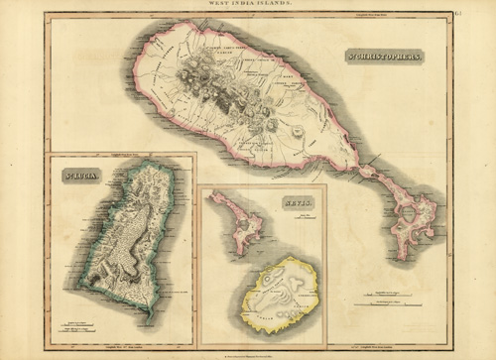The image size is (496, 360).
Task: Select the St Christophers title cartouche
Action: [384, 58]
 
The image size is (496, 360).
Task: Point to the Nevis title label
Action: [297, 201]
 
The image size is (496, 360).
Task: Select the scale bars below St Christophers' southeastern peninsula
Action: [395, 295]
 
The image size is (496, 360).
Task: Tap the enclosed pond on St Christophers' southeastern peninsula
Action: [407, 212]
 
